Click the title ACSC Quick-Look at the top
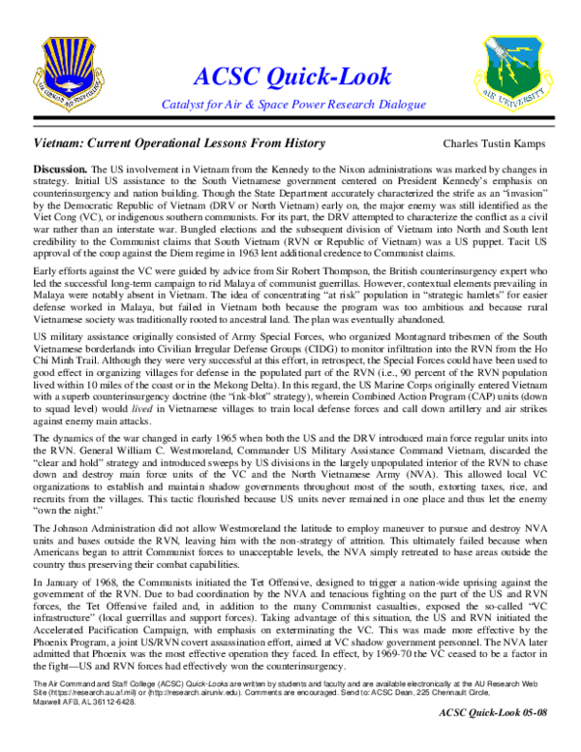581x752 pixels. pyautogui.click(x=291, y=77)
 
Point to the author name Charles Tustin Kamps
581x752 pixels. pyautogui.click(x=496, y=143)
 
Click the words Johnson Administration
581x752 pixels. pyautogui.click(x=101, y=530)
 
